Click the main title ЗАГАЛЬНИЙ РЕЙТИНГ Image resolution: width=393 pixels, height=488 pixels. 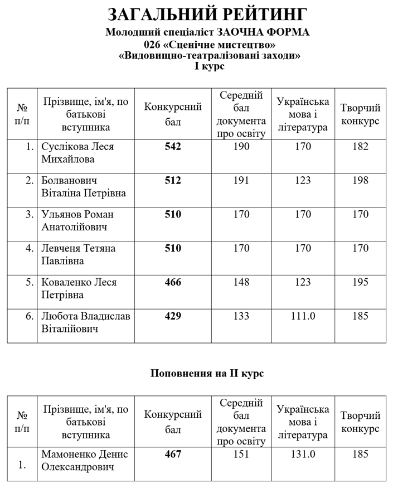click(x=207, y=15)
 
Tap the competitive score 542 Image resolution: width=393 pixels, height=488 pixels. click(x=173, y=147)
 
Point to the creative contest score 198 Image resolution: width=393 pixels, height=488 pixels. click(x=360, y=181)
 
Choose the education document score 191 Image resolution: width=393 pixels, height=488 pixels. click(x=241, y=181)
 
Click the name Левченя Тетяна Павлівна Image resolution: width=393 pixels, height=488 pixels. click(x=79, y=254)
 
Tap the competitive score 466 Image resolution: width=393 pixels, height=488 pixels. click(x=173, y=282)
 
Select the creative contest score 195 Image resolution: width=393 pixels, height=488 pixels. click(x=360, y=282)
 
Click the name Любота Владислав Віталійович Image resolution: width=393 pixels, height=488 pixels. click(x=86, y=322)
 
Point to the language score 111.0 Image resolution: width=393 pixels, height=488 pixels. click(x=303, y=316)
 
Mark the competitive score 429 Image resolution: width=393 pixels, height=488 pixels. click(x=173, y=316)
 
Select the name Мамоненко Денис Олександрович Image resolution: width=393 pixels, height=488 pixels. click(x=85, y=460)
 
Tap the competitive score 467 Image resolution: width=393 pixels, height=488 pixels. click(x=173, y=454)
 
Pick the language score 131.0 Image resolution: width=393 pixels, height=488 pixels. click(x=303, y=454)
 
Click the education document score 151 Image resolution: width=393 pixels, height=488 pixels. click(x=241, y=454)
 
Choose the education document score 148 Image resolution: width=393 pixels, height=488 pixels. click(x=241, y=282)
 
